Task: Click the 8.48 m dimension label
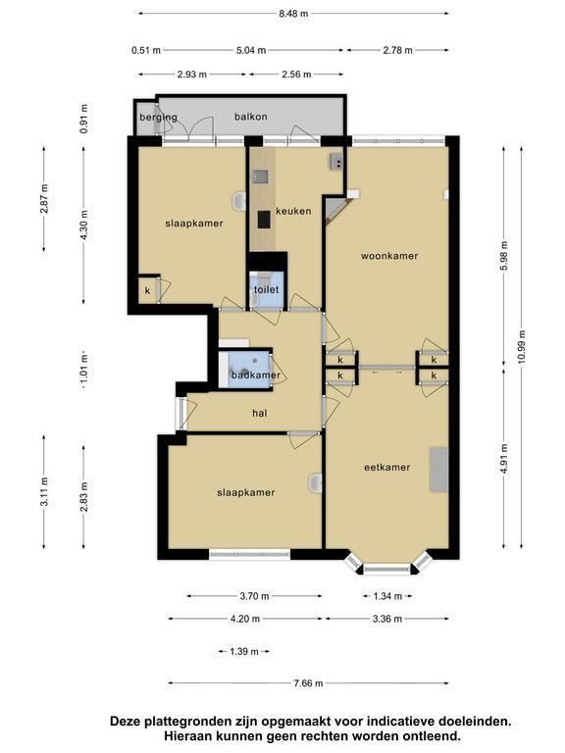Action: pyautogui.click(x=293, y=14)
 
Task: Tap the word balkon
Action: pyautogui.click(x=251, y=117)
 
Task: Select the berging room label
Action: pyautogui.click(x=158, y=118)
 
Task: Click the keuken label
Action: pyautogui.click(x=293, y=211)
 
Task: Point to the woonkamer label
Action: pyautogui.click(x=389, y=256)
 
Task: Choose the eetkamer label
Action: pyautogui.click(x=386, y=468)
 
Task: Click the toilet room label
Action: pyautogui.click(x=266, y=289)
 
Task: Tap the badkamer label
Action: pyautogui.click(x=256, y=376)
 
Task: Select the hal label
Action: pyautogui.click(x=259, y=413)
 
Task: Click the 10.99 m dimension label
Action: pyautogui.click(x=522, y=347)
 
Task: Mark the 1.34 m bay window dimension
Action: pyautogui.click(x=387, y=596)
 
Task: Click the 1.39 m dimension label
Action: pyautogui.click(x=244, y=651)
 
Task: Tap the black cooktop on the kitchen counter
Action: pyautogui.click(x=263, y=220)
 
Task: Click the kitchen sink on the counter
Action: pyautogui.click(x=260, y=176)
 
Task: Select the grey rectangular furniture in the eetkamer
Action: pyautogui.click(x=438, y=470)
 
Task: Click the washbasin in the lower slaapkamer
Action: pyautogui.click(x=315, y=483)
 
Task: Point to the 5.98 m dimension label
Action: pyautogui.click(x=503, y=256)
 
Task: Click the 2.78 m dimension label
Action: pyautogui.click(x=398, y=50)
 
